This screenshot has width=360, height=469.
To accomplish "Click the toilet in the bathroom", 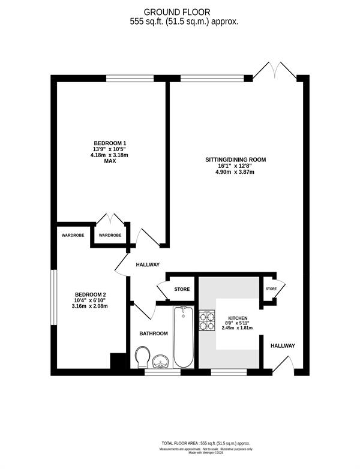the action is [142, 357].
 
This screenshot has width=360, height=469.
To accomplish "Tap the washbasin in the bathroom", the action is [161, 361].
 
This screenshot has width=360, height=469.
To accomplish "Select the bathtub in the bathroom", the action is [184, 337].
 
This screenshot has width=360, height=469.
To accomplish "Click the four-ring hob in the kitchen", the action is [207, 320].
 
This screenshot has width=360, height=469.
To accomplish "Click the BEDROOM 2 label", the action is [91, 294].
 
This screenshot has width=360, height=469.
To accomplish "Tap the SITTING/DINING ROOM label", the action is [236, 160].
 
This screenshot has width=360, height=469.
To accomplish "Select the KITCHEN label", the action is [238, 318].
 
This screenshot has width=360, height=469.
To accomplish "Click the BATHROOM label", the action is [154, 333].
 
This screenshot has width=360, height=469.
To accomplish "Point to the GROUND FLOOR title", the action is [177, 12].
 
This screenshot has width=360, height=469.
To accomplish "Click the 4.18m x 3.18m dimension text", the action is [109, 155].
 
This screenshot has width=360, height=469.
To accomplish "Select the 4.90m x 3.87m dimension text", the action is [235, 172].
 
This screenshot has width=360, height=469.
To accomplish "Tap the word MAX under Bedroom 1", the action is [110, 161].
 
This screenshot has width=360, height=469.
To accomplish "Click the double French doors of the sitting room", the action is [275, 71].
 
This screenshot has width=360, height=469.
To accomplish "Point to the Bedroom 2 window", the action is [53, 297].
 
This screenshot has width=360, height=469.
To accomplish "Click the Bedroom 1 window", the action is [130, 79].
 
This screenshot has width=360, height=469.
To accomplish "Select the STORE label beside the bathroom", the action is [182, 289].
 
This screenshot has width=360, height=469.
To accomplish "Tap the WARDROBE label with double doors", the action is [110, 235].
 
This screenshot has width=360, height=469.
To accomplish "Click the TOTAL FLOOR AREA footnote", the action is [206, 443].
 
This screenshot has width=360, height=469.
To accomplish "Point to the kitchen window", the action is [229, 372].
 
